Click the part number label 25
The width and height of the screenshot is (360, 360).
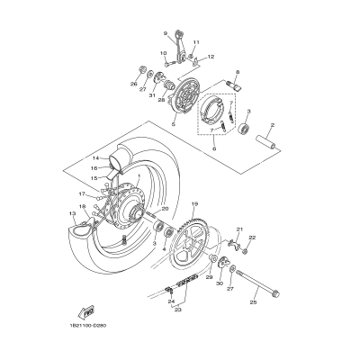(253, 302)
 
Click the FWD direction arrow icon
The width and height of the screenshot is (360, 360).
(89, 311)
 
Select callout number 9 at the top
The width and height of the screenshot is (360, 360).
(166, 33)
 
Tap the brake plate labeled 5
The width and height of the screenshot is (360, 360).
(187, 99)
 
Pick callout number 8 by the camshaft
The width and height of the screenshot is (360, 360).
(237, 71)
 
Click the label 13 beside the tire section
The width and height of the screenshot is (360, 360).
(72, 212)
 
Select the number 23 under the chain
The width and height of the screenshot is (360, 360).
(177, 309)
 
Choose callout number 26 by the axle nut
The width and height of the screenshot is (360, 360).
(134, 85)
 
